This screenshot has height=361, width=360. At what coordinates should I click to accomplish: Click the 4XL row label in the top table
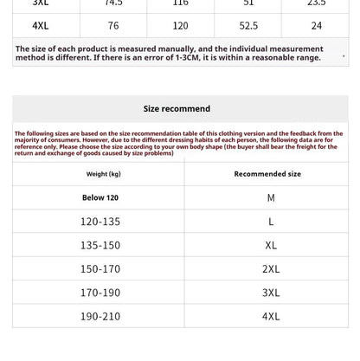[41, 26]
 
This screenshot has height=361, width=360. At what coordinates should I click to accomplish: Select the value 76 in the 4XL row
[113, 26]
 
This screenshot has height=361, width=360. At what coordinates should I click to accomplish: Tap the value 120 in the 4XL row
[180, 26]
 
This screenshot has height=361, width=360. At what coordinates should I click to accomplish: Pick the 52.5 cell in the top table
[248, 26]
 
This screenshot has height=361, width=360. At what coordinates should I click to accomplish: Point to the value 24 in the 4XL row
[316, 26]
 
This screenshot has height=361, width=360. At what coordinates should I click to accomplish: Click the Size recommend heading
[177, 109]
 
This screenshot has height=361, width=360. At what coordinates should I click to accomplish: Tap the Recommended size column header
[267, 174]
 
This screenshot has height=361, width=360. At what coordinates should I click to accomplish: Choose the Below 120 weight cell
[100, 198]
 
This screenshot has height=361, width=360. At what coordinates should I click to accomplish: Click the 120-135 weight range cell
[100, 222]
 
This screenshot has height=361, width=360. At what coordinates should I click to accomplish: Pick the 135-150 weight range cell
[100, 245]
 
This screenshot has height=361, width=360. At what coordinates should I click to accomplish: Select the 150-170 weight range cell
[100, 269]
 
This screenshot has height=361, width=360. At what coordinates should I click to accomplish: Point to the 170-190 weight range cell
[100, 293]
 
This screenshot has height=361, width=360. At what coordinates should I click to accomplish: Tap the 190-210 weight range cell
[100, 316]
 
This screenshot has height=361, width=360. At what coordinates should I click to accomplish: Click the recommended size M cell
[271, 198]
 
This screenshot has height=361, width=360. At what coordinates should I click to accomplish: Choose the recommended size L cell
[271, 222]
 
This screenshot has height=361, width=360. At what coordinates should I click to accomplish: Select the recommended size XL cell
[271, 245]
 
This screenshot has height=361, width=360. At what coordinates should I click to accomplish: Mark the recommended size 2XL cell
[271, 269]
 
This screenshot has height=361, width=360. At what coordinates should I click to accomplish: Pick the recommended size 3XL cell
[271, 293]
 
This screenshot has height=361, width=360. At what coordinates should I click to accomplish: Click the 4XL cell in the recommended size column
[271, 316]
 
